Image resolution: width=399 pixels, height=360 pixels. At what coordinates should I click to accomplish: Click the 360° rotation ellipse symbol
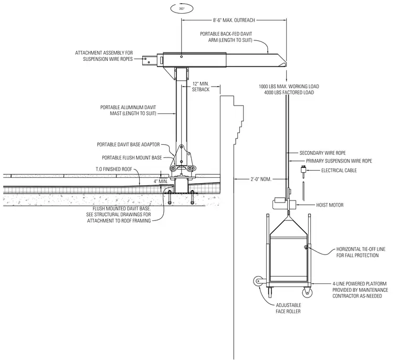pyautogui.click(x=182, y=8)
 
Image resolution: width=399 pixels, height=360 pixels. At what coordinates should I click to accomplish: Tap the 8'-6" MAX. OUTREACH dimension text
pyautogui.click(x=234, y=20)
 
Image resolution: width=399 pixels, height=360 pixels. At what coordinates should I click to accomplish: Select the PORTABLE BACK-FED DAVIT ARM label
pyautogui.click(x=226, y=37)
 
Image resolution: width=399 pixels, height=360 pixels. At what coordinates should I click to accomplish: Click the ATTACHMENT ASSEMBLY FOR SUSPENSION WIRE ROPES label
pyautogui.click(x=104, y=56)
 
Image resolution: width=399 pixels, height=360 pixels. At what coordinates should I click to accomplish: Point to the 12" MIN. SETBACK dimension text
pyautogui.click(x=201, y=87)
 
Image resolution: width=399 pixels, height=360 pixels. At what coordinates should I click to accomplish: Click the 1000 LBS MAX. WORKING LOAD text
pyautogui.click(x=289, y=87)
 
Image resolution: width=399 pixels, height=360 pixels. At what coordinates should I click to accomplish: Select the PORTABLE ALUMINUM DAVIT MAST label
pyautogui.click(x=128, y=110)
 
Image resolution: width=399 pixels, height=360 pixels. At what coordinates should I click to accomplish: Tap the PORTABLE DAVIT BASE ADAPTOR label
pyautogui.click(x=128, y=144)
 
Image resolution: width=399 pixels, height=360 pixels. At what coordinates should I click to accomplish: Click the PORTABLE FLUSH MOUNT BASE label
pyautogui.click(x=132, y=158)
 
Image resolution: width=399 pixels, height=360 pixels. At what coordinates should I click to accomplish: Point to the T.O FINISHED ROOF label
pyautogui.click(x=114, y=169)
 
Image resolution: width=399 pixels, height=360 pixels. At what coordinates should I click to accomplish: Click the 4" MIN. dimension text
pyautogui.click(x=161, y=182)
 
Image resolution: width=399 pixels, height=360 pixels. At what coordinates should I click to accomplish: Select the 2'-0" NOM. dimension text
pyautogui.click(x=261, y=179)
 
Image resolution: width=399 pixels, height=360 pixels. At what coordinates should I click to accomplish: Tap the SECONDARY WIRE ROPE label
pyautogui.click(x=322, y=153)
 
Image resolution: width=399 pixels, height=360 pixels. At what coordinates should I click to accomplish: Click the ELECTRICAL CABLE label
pyautogui.click(x=339, y=171)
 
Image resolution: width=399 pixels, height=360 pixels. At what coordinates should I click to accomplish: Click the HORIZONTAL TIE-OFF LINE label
pyautogui.click(x=361, y=252)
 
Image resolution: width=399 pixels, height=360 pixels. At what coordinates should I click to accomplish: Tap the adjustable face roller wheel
pyautogui.click(x=258, y=282)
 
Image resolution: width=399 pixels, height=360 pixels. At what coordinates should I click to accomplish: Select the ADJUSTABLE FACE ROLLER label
pyautogui.click(x=288, y=308)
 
